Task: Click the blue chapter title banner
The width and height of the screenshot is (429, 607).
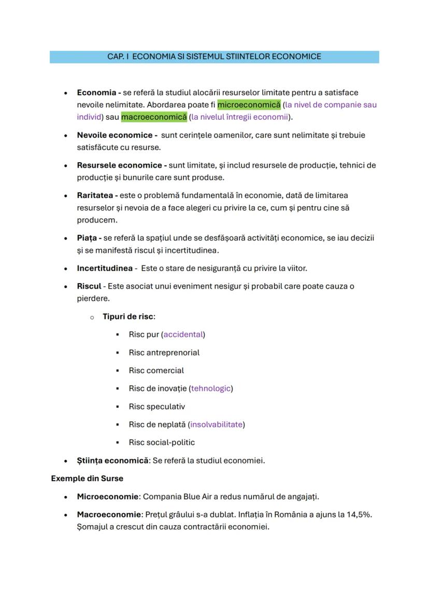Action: tap(214, 57)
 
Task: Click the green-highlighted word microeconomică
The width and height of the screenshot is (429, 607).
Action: tap(249, 105)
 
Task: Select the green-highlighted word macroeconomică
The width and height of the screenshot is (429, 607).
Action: tap(154, 117)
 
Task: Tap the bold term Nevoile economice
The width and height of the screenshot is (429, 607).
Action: tap(117, 135)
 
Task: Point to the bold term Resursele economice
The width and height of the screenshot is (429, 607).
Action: tap(121, 165)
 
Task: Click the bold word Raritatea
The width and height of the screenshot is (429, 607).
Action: tap(97, 195)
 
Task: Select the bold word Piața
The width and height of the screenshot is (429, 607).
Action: tap(89, 238)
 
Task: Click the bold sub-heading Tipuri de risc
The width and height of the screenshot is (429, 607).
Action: tap(128, 316)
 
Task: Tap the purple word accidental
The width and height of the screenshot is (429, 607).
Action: tap(183, 334)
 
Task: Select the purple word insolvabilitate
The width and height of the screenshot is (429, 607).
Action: tap(217, 425)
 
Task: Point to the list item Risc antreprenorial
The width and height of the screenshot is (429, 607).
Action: tap(164, 352)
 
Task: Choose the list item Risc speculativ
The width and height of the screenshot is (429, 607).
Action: tap(156, 406)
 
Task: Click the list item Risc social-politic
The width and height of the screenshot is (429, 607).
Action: tap(162, 443)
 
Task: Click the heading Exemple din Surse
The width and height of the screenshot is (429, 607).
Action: tap(87, 478)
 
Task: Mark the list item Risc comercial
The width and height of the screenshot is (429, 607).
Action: tap(156, 371)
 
